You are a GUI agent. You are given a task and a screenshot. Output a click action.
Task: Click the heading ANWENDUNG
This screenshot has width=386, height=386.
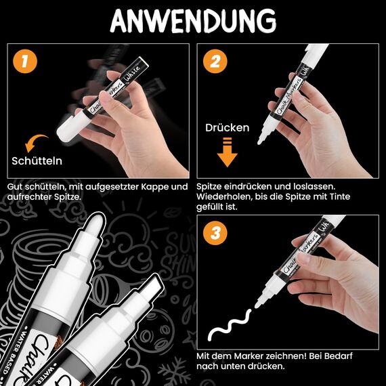tap(192, 21)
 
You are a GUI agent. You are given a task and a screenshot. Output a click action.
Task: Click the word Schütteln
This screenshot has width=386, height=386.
tap(37, 161)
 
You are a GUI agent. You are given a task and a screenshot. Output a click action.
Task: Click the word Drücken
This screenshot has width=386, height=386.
tap(228, 127)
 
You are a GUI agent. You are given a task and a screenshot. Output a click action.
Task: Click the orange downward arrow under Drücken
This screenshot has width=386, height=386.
tap(228, 152)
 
